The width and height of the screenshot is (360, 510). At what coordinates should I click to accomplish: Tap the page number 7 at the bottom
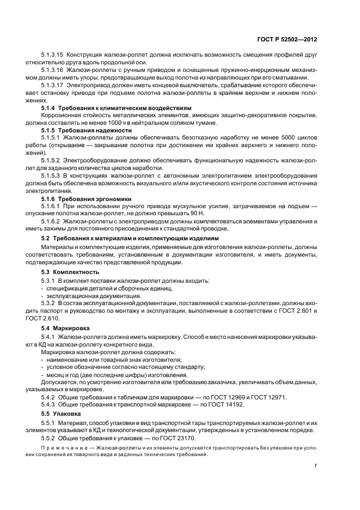point(315,466)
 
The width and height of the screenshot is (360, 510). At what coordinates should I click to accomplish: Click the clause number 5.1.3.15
point(53,55)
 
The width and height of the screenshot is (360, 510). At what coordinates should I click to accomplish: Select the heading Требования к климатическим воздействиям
point(127,108)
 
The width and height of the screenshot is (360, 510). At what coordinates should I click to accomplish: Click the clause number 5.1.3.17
point(53,85)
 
